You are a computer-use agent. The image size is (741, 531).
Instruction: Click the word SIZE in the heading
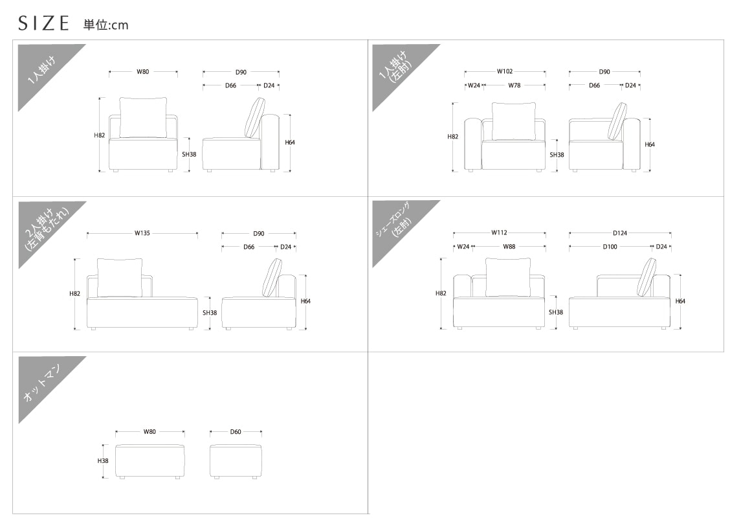[x=43, y=23]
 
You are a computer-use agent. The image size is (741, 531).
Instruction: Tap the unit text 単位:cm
[x=106, y=25]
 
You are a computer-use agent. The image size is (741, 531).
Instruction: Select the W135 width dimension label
[x=142, y=233]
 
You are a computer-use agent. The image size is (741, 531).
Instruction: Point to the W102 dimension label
[x=505, y=71]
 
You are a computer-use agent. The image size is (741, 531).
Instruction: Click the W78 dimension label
[x=514, y=85]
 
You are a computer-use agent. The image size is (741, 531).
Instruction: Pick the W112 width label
[x=499, y=232]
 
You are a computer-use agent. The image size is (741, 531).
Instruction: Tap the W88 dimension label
[x=509, y=247]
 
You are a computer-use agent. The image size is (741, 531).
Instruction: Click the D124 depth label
[x=620, y=233]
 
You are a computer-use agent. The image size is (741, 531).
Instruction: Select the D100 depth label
[x=610, y=247]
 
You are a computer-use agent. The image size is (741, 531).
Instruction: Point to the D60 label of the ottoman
[x=236, y=432]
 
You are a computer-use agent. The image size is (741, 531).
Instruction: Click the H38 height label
[x=102, y=461]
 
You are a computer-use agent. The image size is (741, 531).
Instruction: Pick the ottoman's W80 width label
[x=149, y=432]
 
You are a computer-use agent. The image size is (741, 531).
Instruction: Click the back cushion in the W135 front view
[x=120, y=278]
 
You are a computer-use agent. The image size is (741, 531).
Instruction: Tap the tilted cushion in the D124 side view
[x=646, y=277]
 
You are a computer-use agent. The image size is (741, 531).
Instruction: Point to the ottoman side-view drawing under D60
[x=236, y=461]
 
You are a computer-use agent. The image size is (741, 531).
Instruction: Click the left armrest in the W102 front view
[x=473, y=144]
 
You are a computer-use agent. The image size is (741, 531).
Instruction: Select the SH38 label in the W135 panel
[x=210, y=313]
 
